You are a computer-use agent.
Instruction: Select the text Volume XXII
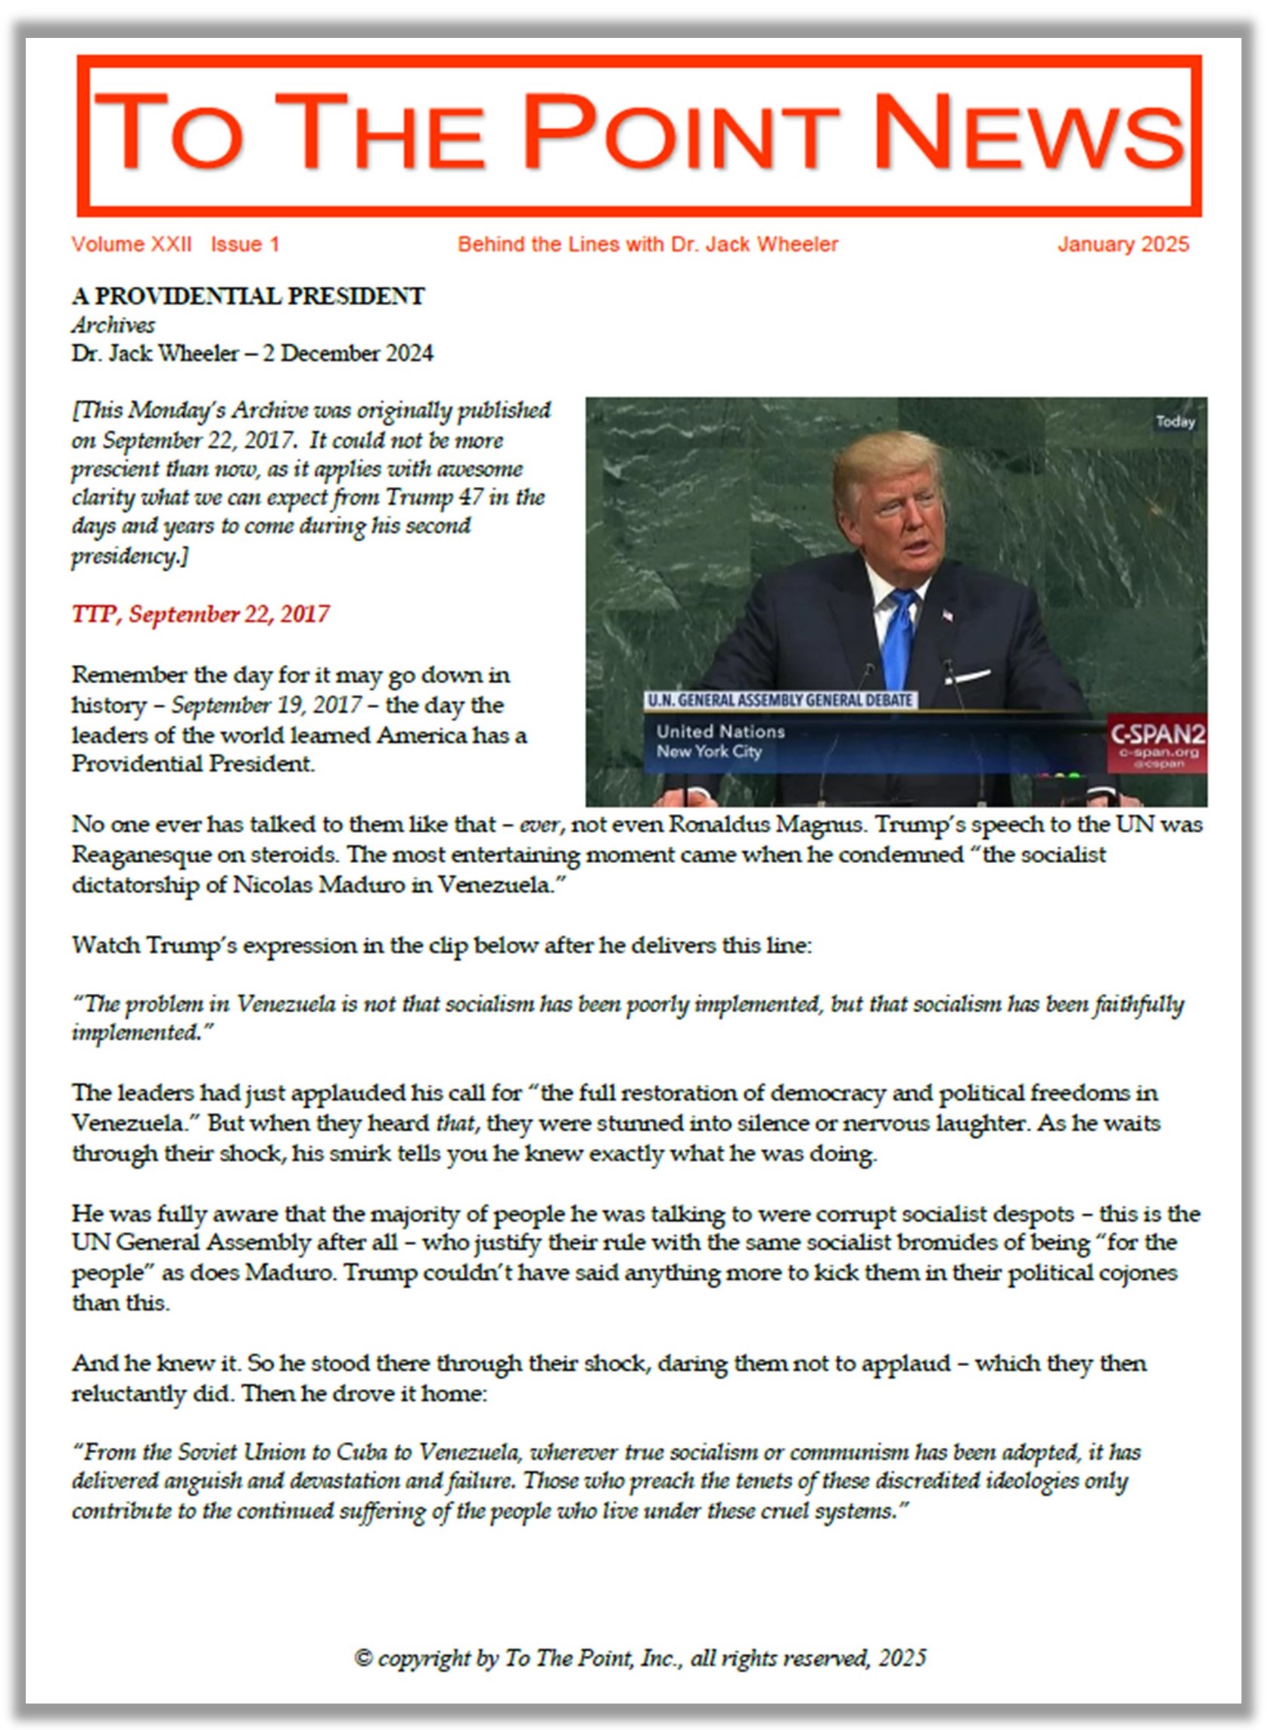[131, 244]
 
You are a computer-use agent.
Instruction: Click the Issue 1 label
[244, 244]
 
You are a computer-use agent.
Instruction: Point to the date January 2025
[1123, 244]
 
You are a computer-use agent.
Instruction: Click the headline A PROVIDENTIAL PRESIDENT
[247, 297]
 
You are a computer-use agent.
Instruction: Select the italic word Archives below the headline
[113, 325]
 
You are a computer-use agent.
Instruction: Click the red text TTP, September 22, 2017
[200, 614]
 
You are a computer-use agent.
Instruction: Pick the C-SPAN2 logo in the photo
[1157, 734]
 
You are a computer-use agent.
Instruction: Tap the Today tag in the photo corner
[1175, 421]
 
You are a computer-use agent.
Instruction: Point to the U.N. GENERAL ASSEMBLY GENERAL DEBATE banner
[780, 700]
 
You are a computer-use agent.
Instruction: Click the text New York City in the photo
[709, 752]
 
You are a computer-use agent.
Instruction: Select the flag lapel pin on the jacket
[947, 615]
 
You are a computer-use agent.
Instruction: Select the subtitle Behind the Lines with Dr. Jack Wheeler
[647, 244]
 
